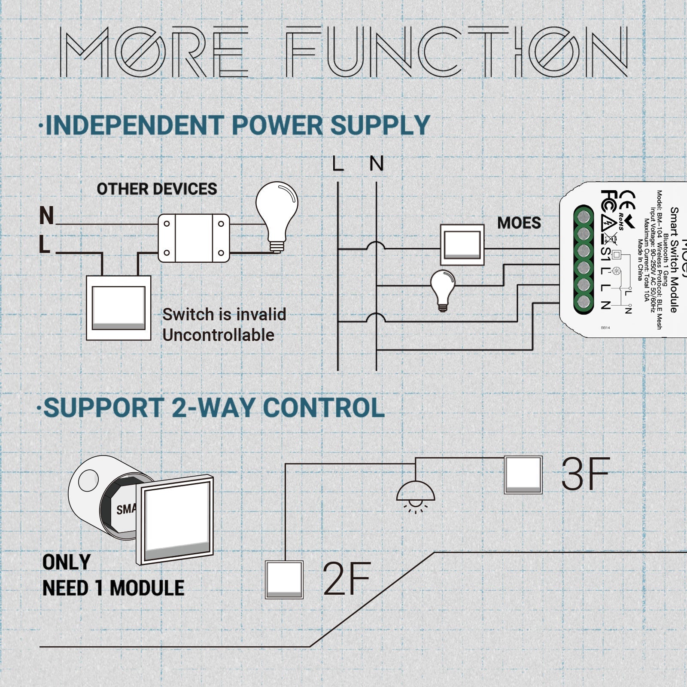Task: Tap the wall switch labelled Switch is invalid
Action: (119, 308)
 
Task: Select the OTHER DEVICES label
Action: (157, 189)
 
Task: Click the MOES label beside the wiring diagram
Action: (519, 223)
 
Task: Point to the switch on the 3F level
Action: (523, 475)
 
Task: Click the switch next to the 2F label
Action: (284, 580)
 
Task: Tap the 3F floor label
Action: (585, 474)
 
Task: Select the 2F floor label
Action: (346, 578)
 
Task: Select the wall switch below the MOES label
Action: (462, 245)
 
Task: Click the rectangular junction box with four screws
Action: (194, 238)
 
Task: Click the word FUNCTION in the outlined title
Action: (456, 52)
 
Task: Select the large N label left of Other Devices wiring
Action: (46, 216)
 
